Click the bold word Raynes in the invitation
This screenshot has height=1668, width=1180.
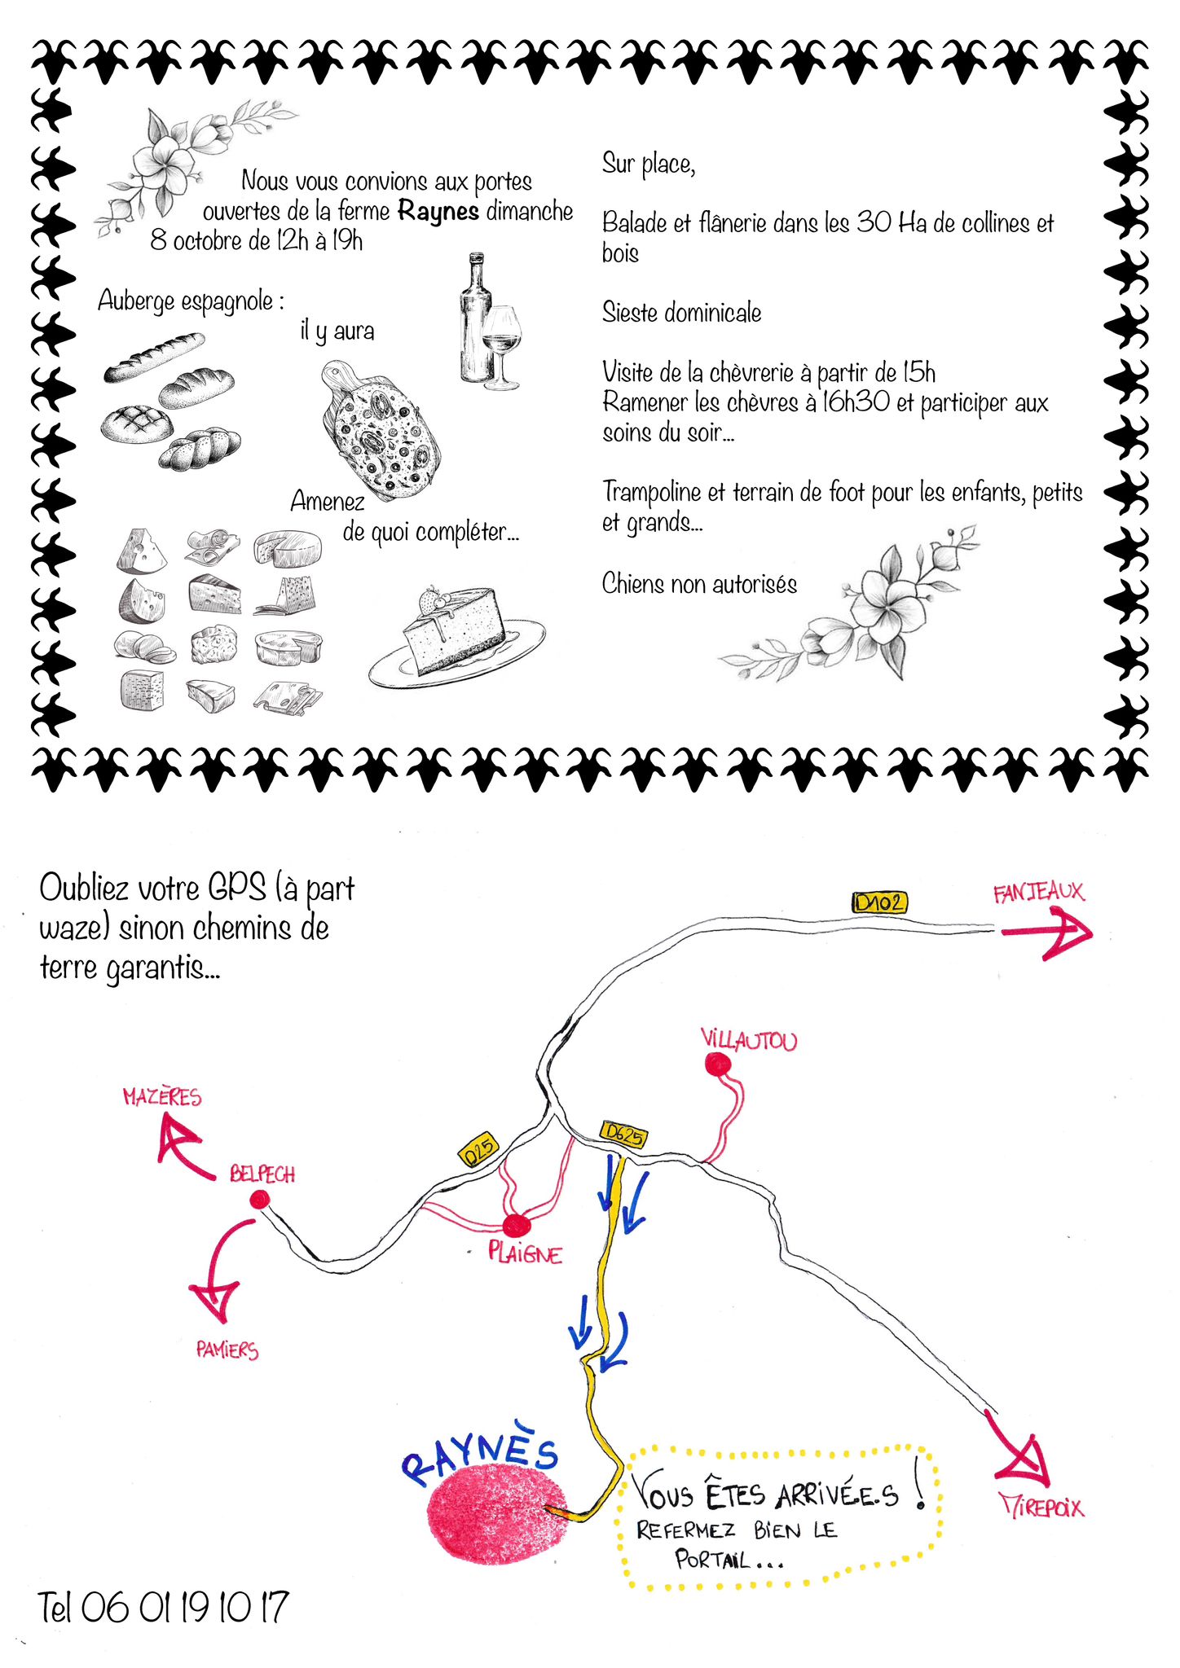tap(438, 212)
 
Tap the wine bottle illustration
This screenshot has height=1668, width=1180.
tap(475, 318)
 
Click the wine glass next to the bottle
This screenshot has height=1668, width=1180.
tap(501, 345)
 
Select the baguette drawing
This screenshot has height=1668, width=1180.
tap(154, 357)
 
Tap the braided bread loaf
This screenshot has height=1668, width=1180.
tap(200, 449)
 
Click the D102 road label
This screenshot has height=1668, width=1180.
tap(879, 902)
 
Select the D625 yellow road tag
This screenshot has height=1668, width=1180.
tap(624, 1135)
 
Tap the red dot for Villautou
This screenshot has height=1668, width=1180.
tap(717, 1064)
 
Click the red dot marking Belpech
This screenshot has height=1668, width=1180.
tap(260, 1199)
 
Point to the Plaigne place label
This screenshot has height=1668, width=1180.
tap(525, 1253)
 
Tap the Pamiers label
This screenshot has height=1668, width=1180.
tap(227, 1350)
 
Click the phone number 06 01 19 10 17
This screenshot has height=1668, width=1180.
tap(185, 1608)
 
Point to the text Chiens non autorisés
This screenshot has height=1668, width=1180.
tap(699, 584)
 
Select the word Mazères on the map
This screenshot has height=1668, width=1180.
tap(162, 1097)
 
